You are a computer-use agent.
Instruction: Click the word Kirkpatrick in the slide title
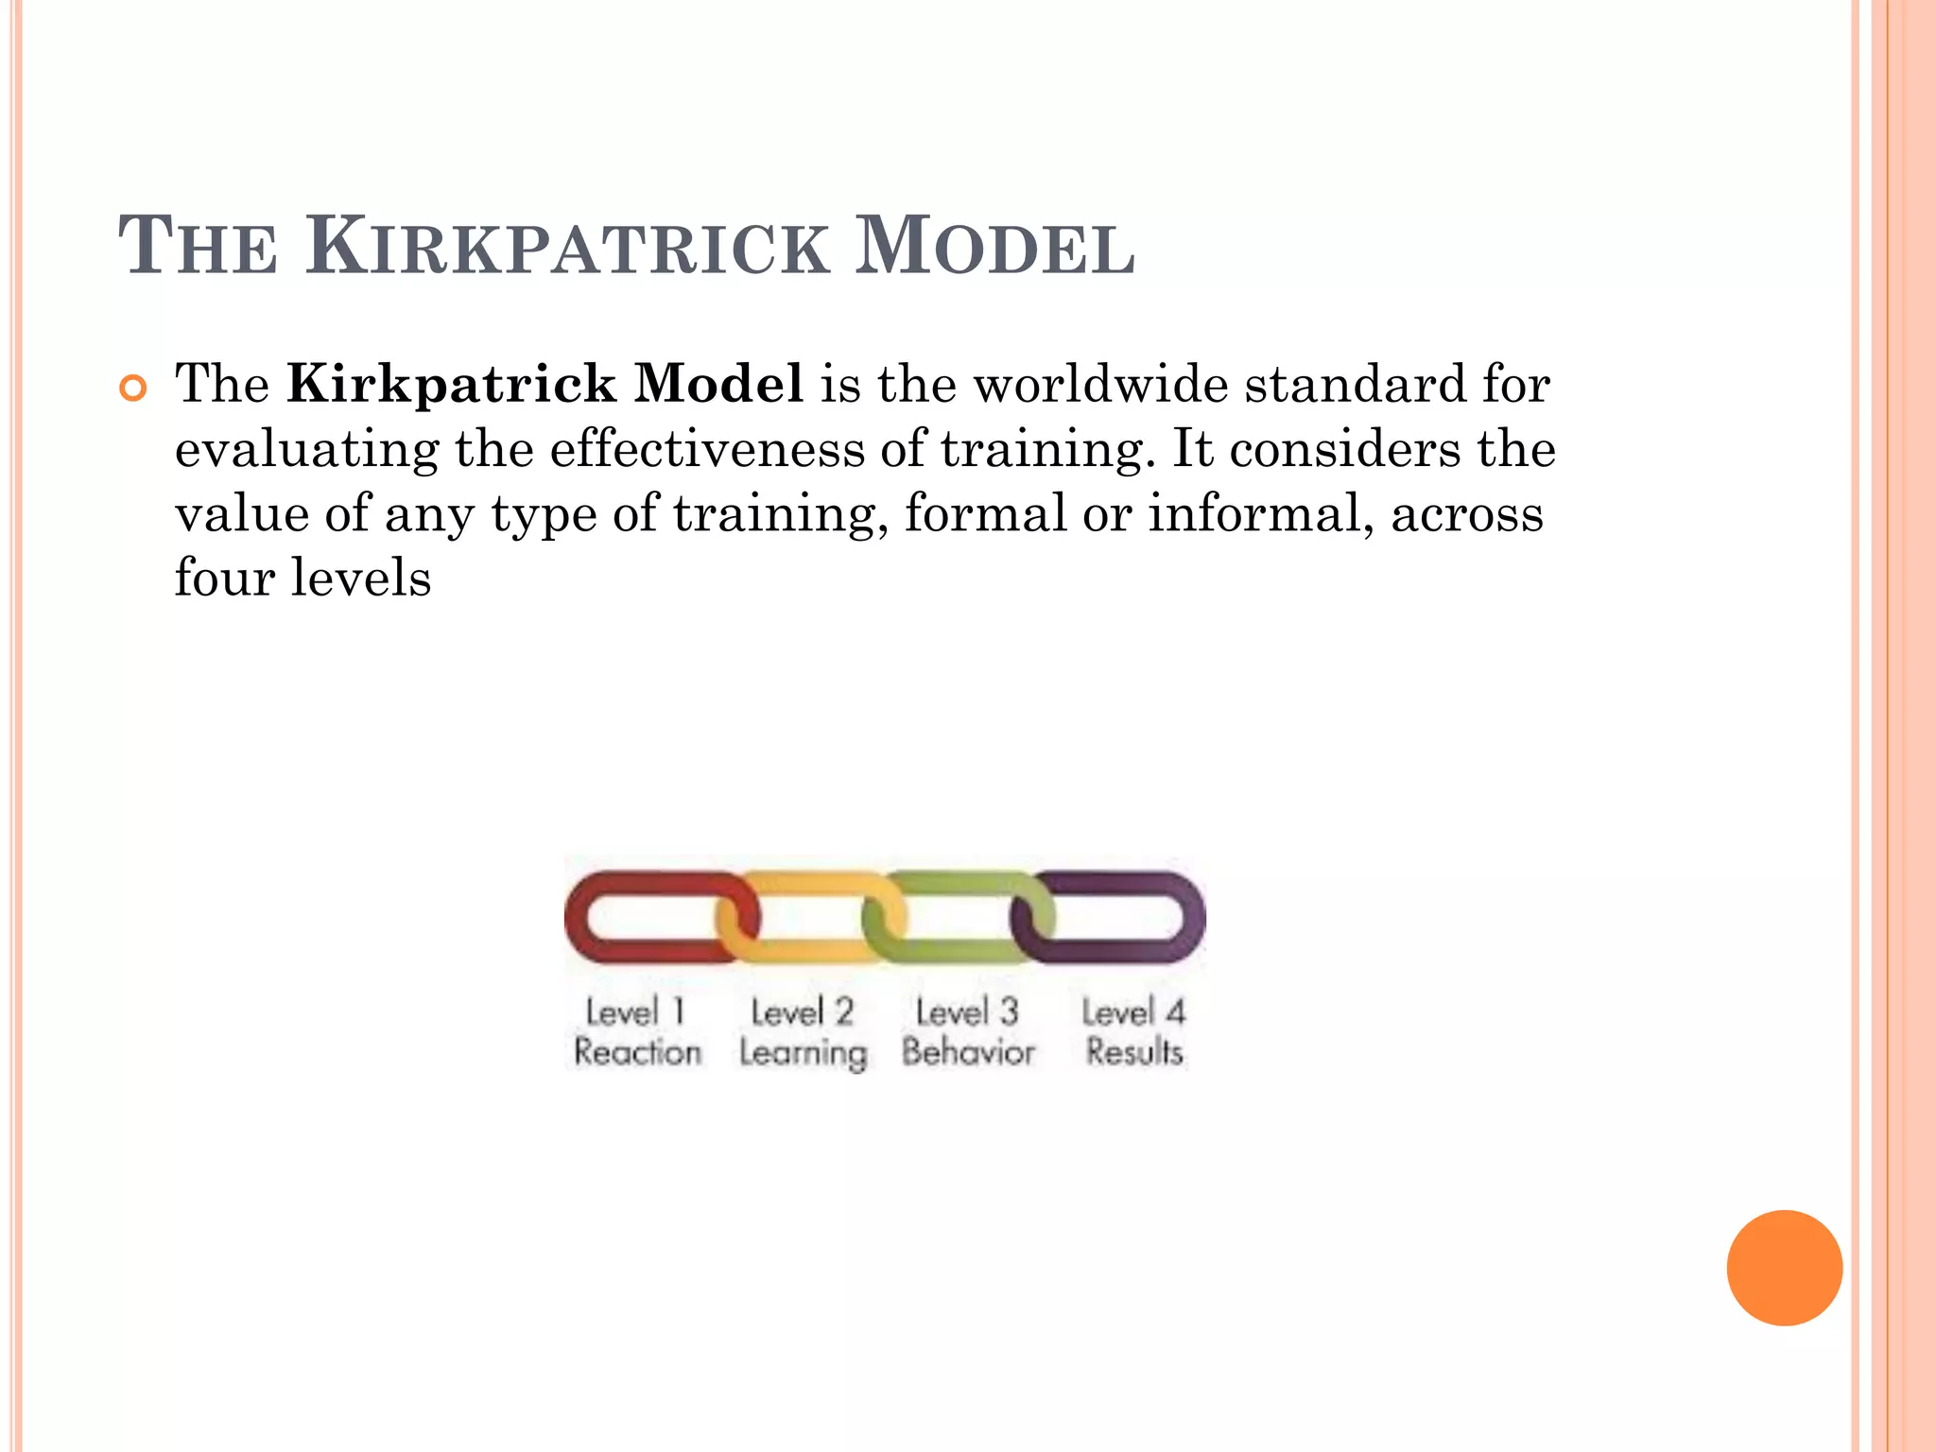click(566, 248)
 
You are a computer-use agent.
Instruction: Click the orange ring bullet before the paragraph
click(134, 388)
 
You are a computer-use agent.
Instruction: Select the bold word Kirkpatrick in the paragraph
click(452, 384)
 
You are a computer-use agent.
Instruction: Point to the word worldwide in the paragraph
click(1100, 384)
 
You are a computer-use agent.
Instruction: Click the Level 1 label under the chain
click(634, 1011)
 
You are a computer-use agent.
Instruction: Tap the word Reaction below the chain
click(637, 1051)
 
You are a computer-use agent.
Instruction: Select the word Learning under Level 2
click(803, 1053)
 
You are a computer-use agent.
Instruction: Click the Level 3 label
click(967, 1011)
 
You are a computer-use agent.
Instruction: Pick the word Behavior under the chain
click(968, 1051)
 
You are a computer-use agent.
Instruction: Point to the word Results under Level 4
click(1133, 1051)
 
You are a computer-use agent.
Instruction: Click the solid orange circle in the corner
click(1784, 1268)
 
